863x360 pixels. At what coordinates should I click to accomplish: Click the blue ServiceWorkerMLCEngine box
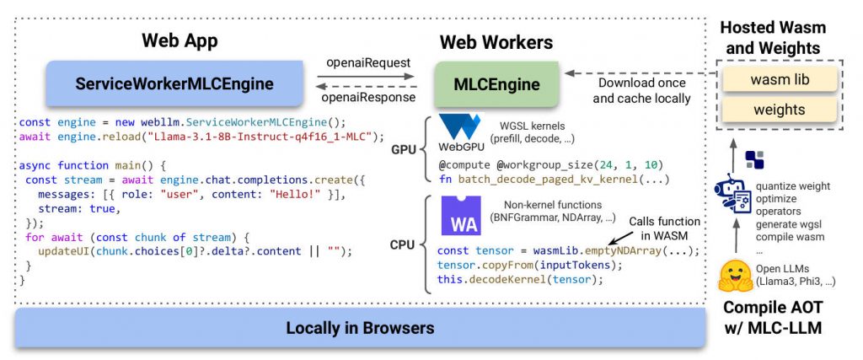point(174,83)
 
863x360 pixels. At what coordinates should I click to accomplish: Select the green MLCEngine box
point(497,83)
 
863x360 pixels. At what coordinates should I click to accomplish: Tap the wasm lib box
point(780,81)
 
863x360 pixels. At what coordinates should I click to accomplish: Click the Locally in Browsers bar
point(360,328)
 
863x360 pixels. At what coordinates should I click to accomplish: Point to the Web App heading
point(180,40)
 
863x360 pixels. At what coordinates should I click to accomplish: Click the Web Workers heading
point(496,41)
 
